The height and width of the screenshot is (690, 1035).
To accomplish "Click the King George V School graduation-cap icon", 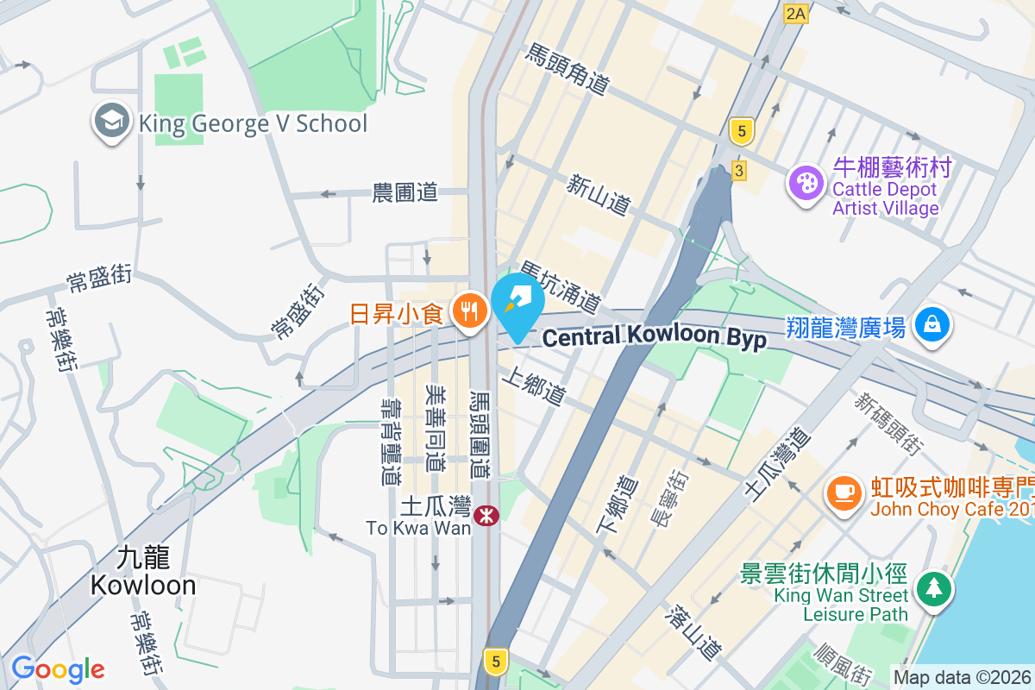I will point(112,122).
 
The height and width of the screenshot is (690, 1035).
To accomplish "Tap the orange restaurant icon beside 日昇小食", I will point(469,312).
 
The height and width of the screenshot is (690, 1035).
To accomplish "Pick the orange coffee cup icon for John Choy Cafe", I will point(844,493).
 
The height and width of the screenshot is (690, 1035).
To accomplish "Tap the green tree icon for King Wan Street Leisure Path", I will point(934,588).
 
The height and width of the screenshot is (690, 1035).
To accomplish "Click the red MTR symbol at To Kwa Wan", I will point(486,517).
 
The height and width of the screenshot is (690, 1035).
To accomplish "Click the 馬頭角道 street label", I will point(567,69).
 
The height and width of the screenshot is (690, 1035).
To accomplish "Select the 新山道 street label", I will point(599,194).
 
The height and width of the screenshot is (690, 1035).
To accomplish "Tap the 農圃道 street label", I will point(405,193).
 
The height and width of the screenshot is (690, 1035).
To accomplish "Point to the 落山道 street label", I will point(693,632).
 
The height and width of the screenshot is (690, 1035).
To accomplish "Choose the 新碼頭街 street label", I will point(889,423).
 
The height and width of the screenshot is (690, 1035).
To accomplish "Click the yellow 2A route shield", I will point(795,13).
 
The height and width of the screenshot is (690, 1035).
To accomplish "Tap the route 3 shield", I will point(738,171).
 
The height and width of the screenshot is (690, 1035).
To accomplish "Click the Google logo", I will point(58,669).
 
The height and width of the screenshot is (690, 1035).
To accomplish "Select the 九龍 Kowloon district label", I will point(143,572).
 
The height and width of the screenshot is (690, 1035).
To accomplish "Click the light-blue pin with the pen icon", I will point(517,302).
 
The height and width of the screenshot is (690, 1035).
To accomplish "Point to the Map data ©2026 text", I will point(963,678).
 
